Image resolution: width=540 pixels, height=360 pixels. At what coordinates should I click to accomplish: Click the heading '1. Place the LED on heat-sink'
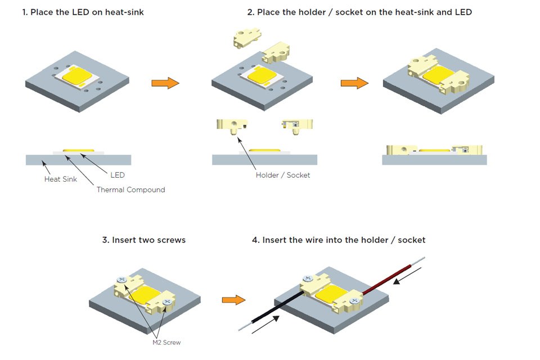[83, 12]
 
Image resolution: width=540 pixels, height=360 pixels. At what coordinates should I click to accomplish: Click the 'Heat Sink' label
[61, 179]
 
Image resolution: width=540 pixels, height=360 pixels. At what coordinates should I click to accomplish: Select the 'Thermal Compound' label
[130, 190]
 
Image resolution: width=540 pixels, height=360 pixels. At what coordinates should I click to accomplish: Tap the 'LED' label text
[118, 175]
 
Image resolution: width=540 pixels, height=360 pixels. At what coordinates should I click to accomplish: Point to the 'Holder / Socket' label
[283, 175]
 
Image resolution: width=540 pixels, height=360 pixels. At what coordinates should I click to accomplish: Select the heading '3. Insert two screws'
[144, 240]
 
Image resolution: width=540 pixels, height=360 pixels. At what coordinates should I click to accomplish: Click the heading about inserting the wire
[339, 240]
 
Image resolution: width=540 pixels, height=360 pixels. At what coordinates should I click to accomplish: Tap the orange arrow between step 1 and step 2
[165, 83]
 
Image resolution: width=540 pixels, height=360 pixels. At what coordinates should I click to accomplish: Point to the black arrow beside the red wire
[405, 275]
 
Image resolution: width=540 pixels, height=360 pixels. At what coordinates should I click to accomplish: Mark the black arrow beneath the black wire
[264, 326]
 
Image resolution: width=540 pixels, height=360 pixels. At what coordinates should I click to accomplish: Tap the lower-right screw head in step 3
[167, 302]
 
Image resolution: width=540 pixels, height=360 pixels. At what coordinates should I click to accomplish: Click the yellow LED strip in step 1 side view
[79, 150]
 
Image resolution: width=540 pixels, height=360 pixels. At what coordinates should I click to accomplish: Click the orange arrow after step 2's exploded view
[354, 83]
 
